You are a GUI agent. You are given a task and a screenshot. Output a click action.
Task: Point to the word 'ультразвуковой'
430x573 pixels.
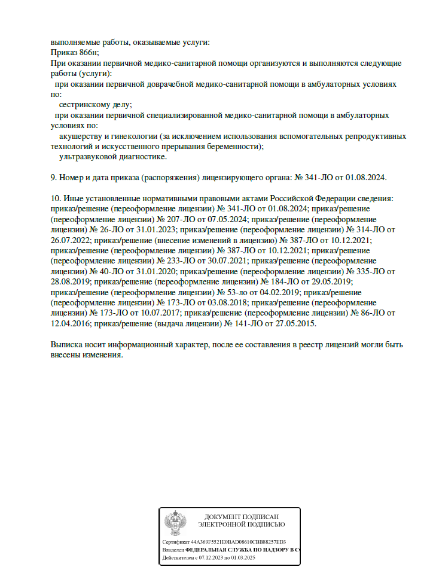tap(86, 157)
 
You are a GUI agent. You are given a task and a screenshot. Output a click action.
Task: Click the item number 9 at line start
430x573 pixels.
tap(54, 178)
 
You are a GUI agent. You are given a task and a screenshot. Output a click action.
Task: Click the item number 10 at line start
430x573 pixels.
tap(56, 198)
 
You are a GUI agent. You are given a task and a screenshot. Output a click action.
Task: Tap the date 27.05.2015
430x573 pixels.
tap(295, 323)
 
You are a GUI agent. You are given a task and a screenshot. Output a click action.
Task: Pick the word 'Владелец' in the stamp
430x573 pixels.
tap(173, 549)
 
